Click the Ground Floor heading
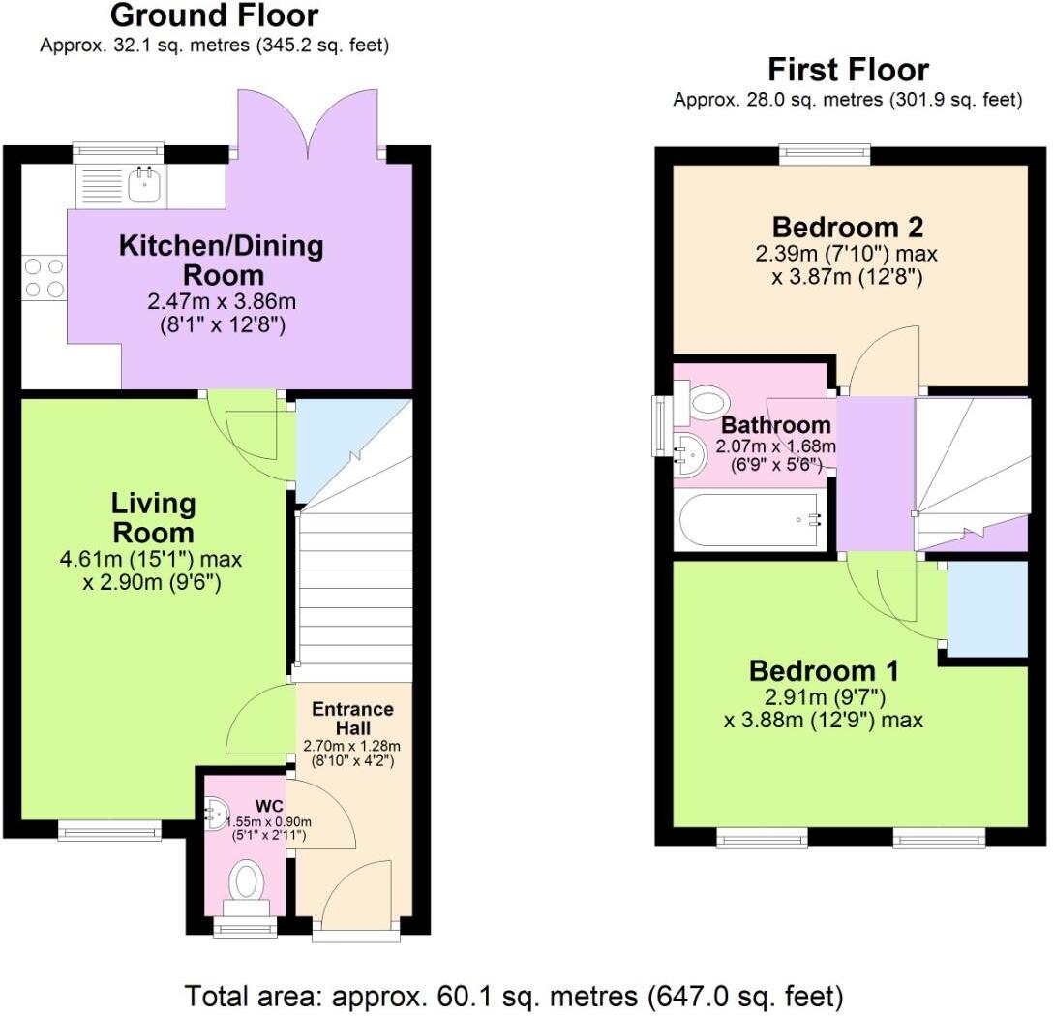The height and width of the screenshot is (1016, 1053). [x=214, y=15]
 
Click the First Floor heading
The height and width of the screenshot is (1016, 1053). [x=848, y=70]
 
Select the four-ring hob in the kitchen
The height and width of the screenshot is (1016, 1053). [x=44, y=277]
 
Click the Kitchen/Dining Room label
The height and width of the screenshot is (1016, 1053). [x=221, y=260]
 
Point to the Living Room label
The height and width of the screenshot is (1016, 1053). [x=153, y=518]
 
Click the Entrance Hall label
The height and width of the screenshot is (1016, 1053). [x=352, y=718]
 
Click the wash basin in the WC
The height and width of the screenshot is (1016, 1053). [x=215, y=813]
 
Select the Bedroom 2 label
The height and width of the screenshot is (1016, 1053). [x=847, y=228]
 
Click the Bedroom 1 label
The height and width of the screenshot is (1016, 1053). [x=824, y=670]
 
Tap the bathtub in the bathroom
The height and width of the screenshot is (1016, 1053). [x=751, y=521]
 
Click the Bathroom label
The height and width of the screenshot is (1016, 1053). [x=776, y=425]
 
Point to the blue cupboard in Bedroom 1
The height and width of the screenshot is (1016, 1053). [x=987, y=609]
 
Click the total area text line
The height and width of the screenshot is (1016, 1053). [x=514, y=996]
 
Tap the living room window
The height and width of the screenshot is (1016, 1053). [x=109, y=829]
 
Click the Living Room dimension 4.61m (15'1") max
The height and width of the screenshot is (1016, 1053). [x=150, y=559]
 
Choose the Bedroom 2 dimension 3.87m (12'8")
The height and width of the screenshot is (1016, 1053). [x=846, y=276]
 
